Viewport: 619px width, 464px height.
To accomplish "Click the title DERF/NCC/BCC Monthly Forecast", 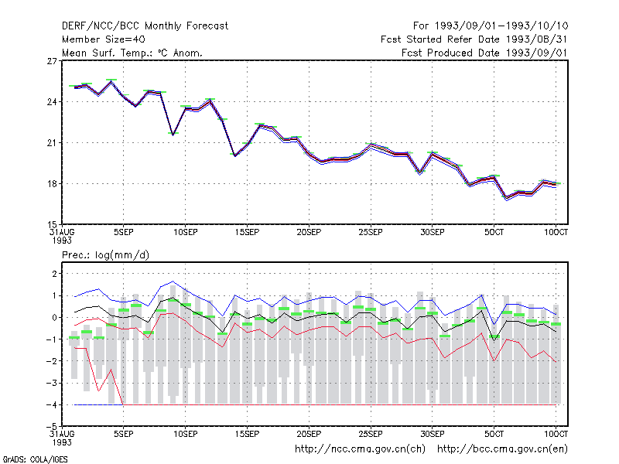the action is coord(145,26).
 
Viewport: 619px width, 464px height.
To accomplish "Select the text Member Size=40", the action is coord(104,39).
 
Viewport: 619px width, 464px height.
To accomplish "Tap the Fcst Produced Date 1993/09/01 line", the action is coord(484,53).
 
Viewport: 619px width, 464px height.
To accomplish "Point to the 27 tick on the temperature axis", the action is coord(52,61).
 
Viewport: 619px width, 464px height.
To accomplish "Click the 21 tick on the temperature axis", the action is coord(52,143).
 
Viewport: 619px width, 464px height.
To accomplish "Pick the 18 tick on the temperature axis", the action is coord(52,184).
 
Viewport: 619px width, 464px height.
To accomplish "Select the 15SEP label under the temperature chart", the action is coord(247,232).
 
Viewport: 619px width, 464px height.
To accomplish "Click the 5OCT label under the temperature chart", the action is coord(494,232).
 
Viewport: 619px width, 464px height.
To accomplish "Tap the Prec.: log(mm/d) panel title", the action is coord(105,255).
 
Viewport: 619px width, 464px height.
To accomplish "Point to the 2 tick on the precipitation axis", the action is coord(54,274).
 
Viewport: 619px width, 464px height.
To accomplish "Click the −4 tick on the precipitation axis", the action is coord(52,404).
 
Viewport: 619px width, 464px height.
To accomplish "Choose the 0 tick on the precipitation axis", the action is coord(54,317).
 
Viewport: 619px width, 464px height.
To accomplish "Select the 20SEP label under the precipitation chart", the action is coord(309,434).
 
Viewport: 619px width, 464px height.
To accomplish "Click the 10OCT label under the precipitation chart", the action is coord(556,434).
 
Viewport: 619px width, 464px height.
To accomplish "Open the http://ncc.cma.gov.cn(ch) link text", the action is coord(360,449).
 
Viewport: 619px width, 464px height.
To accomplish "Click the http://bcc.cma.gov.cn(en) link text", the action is coord(502,449).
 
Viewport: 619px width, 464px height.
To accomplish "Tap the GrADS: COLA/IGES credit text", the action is coord(35,459).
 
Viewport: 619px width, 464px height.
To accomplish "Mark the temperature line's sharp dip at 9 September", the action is coord(173,135).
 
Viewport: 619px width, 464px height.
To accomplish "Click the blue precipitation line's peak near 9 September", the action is coord(173,281).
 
